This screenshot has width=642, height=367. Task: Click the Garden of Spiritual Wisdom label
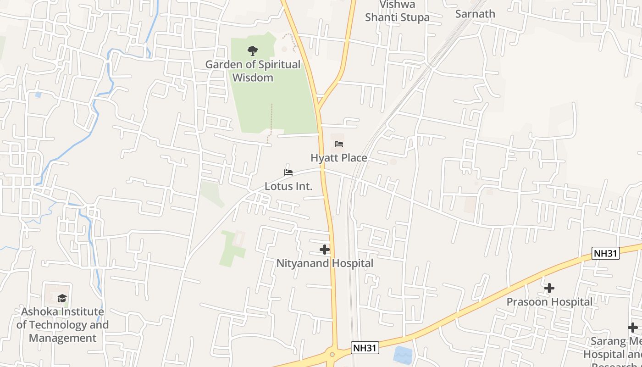[253, 71]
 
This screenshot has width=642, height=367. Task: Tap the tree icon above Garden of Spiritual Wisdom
[252, 51]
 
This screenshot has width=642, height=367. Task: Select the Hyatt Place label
[339, 158]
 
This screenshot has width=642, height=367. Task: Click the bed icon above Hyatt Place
[339, 144]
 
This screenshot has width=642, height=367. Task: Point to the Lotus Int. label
[288, 186]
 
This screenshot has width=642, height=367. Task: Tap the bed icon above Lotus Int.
[288, 172]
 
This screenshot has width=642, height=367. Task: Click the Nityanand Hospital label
[325, 263]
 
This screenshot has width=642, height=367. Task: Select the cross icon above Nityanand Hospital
[325, 250]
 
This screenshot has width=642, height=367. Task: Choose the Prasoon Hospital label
[549, 302]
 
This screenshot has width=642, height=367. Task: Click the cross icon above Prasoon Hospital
[549, 288]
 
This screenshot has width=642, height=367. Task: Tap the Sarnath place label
[475, 14]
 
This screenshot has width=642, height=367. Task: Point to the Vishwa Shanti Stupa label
[397, 11]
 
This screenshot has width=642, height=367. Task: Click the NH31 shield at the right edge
[605, 253]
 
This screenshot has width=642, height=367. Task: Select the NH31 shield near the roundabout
[365, 348]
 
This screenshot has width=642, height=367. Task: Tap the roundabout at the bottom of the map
[332, 354]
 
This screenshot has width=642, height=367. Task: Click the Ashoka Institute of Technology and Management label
[62, 325]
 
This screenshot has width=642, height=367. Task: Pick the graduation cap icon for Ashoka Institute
[62, 299]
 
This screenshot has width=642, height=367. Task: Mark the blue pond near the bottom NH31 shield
[403, 355]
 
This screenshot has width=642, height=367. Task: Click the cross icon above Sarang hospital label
[632, 328]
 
